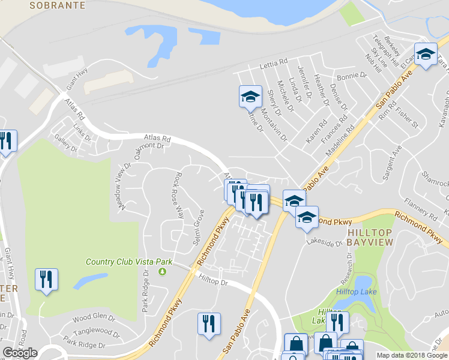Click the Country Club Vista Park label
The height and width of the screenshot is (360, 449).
pos(129,262)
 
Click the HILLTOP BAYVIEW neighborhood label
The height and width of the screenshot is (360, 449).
pos(370,236)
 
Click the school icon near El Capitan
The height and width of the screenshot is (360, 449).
pos(425,56)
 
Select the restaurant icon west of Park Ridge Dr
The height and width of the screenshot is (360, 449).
pos(46,280)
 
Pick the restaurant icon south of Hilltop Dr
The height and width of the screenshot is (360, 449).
pos(209,324)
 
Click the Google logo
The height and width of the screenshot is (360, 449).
pos(20,353)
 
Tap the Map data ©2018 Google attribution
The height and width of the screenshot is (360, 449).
pos(412,355)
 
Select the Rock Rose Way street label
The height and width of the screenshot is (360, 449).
pos(178,195)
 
